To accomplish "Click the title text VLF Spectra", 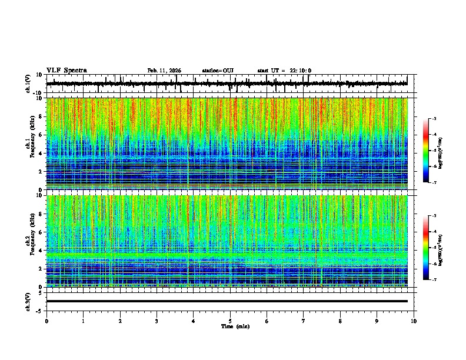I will click(66, 71).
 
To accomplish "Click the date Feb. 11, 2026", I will click(164, 71).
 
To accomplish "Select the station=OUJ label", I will click(218, 71).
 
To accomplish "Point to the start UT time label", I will click(284, 71).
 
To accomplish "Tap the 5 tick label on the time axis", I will click(230, 321).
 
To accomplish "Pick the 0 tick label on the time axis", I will click(46, 321).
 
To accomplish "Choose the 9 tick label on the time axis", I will click(377, 321).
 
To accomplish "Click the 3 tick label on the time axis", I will click(157, 321).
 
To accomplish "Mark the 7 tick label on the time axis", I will click(304, 321).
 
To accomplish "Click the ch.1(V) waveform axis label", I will click(28, 84).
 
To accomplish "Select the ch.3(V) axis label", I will click(28, 301).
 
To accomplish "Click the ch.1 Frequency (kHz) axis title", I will click(30, 144).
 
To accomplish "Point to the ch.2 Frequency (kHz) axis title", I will click(30, 241).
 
